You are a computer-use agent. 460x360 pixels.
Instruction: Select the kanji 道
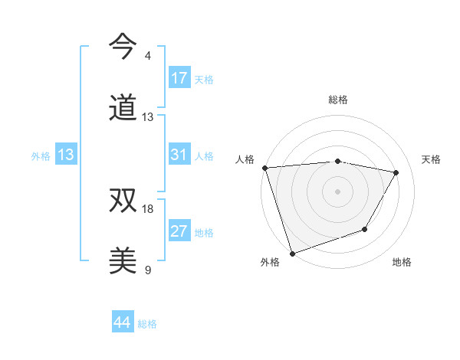[123, 108]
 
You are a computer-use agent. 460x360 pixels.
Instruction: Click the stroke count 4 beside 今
[148, 56]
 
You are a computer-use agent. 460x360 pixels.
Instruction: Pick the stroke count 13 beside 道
[148, 117]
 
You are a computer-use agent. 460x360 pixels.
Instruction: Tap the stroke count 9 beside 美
[148, 270]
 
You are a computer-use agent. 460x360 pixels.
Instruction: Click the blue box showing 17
[179, 78]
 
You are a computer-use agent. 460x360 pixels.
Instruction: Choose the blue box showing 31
[179, 155]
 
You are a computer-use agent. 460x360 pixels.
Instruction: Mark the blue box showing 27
[179, 231]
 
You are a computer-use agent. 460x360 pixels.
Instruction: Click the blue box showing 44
[123, 322]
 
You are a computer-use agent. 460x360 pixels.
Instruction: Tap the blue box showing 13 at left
[66, 155]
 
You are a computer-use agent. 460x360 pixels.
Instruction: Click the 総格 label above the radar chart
[338, 100]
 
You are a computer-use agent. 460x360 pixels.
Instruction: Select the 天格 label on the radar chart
[431, 159]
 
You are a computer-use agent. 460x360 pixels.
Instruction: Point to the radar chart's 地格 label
[402, 262]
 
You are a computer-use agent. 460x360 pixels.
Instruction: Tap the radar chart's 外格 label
[270, 262]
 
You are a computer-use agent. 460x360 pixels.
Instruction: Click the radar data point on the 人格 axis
[264, 168]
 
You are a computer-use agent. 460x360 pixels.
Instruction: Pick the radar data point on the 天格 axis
[396, 172]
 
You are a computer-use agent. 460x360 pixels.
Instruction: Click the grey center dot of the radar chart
[338, 191]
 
